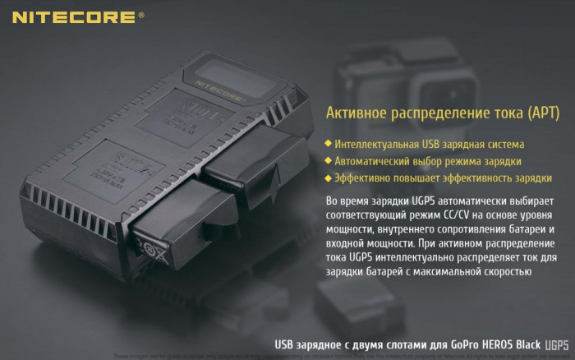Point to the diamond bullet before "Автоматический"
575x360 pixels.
point(329,161)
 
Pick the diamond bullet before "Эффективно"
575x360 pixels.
point(329,178)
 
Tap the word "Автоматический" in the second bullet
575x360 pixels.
point(375,161)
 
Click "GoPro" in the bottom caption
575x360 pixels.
point(439,344)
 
